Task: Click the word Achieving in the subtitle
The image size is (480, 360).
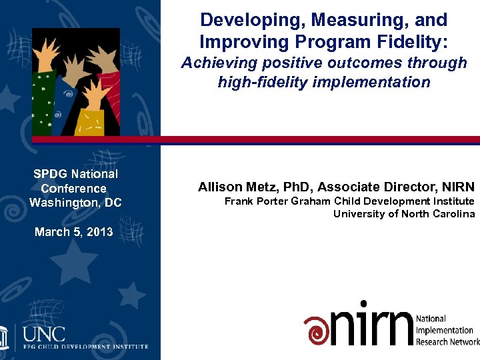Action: coord(219,63)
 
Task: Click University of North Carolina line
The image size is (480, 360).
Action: coord(404,214)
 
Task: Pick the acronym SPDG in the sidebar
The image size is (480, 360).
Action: coord(51,174)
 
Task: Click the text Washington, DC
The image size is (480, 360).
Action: coord(75,202)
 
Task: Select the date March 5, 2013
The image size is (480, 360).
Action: coord(74,232)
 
